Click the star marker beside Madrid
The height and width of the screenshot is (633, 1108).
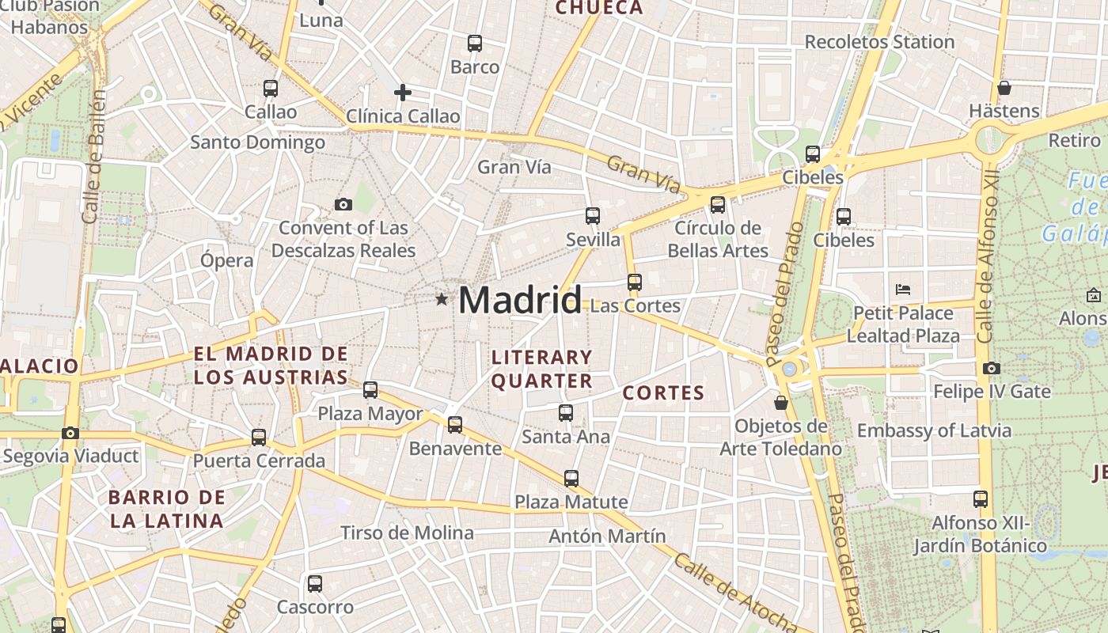[442, 299]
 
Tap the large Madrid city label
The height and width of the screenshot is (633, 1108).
[519, 301]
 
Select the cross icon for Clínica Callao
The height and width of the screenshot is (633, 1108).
[403, 93]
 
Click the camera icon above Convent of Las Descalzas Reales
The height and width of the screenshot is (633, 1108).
[343, 204]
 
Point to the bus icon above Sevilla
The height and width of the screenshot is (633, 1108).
[593, 215]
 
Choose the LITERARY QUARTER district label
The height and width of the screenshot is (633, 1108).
[542, 369]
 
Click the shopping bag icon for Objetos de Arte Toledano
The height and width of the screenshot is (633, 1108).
[781, 403]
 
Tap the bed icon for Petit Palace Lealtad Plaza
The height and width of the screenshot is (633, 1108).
[902, 289]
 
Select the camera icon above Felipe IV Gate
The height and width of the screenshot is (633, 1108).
[991, 368]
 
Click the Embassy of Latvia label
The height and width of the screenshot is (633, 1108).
[934, 430]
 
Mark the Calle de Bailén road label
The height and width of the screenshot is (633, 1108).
[93, 156]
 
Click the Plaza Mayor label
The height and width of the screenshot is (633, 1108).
[370, 413]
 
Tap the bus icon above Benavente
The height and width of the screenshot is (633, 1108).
[455, 425]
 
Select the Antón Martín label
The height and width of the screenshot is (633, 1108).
[607, 536]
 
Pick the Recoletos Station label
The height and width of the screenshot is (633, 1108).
[879, 42]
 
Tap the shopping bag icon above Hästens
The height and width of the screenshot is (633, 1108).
[1004, 87]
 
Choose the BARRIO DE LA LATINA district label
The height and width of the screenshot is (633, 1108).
[166, 509]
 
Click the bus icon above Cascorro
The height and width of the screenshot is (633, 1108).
[315, 584]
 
